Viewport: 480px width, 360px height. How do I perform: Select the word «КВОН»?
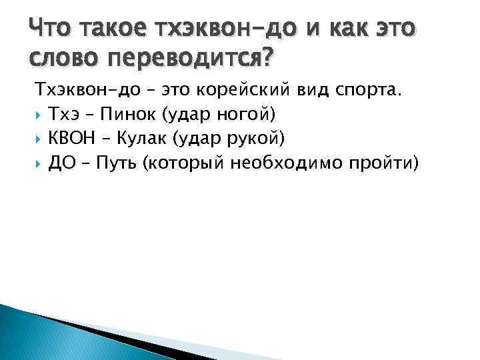coord(72,138)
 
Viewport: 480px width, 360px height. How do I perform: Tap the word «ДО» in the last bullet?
coord(61,161)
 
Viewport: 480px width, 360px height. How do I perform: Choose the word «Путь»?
coord(117,161)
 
